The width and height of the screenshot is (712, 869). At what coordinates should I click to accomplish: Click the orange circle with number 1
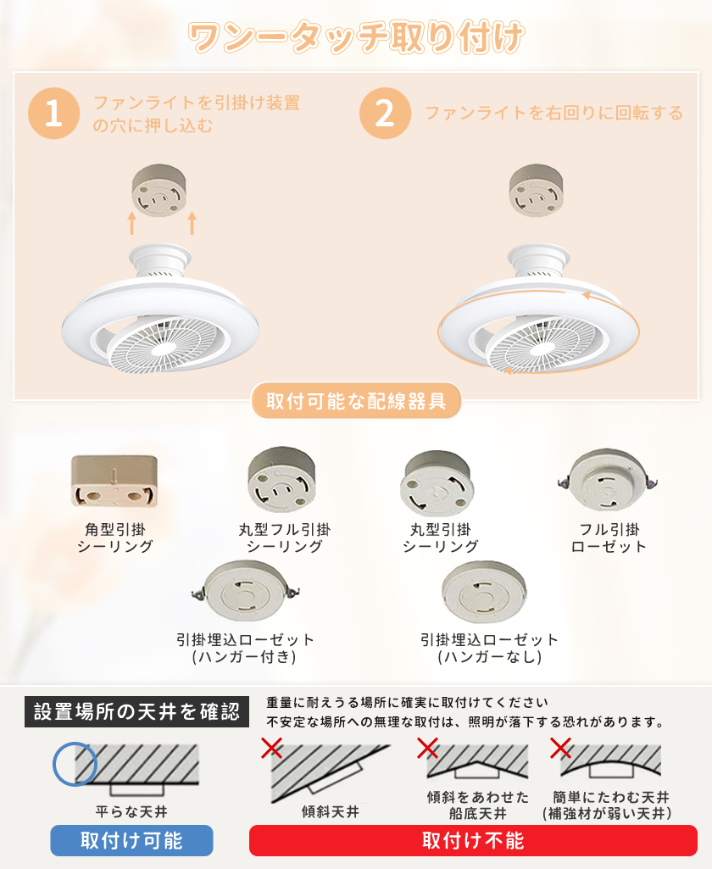[x=53, y=113]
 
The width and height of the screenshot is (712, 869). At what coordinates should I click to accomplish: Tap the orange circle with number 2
[x=385, y=113]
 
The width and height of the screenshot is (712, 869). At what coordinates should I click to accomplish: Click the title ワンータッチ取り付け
[x=356, y=37]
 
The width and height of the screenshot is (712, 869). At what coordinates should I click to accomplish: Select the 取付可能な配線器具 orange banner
[x=356, y=401]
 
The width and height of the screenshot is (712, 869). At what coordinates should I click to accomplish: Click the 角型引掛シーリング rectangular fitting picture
[x=114, y=481]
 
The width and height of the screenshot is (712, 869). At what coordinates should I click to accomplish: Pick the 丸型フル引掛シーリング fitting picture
[x=282, y=480]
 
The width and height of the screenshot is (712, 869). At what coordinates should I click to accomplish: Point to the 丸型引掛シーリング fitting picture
[x=437, y=483]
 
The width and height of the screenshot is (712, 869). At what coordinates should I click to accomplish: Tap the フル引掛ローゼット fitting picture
[x=608, y=480]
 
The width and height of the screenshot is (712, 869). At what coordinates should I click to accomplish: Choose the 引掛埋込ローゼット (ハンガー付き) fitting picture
[x=246, y=591]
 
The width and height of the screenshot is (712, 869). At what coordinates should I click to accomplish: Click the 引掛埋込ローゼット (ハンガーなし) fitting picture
[x=484, y=591]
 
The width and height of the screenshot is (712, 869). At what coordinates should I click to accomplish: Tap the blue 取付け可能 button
[x=131, y=840]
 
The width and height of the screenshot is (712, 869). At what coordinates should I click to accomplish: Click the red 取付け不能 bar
[x=473, y=840]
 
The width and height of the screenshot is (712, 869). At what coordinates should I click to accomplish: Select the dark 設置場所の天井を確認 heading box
[x=136, y=711]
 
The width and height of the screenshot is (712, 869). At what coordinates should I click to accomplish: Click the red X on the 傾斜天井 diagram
[x=271, y=748]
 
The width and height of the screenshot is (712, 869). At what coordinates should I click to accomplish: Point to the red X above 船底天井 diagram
[x=427, y=748]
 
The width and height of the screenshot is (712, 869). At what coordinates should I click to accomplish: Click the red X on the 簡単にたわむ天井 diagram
[x=561, y=748]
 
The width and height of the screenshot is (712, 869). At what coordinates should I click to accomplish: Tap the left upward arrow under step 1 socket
[x=132, y=223]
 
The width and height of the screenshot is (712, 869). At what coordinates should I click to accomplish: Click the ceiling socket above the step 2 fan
[x=536, y=190]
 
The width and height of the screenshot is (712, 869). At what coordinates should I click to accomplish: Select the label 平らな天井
[x=131, y=811]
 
